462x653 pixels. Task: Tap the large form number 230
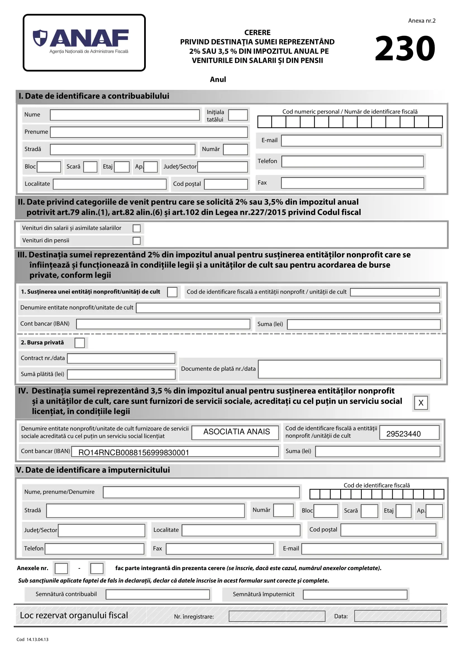click(x=405, y=48)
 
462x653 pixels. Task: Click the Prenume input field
click(x=149, y=132)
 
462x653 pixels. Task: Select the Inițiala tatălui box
click(x=238, y=115)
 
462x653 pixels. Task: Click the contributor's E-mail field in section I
click(x=361, y=141)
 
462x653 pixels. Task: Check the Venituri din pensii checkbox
click(x=137, y=241)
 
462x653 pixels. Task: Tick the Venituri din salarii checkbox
click(x=137, y=228)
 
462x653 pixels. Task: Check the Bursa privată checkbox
click(x=80, y=343)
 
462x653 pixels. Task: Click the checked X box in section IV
click(x=421, y=403)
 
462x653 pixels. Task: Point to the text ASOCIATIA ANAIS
click(x=236, y=432)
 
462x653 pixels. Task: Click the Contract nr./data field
click(x=121, y=358)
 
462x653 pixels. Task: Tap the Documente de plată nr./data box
click(x=349, y=369)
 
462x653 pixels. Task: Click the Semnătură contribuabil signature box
click(x=158, y=594)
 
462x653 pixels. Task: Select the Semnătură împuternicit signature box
click(x=355, y=594)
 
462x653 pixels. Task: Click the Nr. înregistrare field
click(x=277, y=616)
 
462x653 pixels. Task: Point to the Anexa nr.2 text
click(x=421, y=21)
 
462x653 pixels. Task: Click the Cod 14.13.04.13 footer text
click(x=32, y=640)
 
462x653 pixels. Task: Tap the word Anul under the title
click(x=218, y=80)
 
